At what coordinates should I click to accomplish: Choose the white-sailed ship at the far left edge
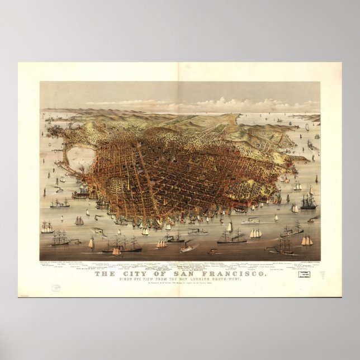pyautogui.click(x=48, y=226)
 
